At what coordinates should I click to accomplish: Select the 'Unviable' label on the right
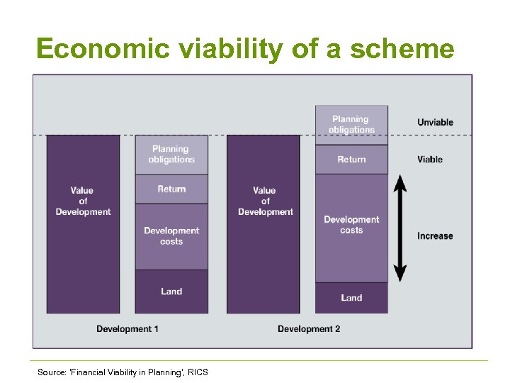click(x=435, y=122)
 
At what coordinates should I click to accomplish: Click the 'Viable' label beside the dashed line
click(x=429, y=159)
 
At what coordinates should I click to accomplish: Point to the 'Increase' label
click(x=435, y=235)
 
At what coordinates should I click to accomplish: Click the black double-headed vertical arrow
click(x=400, y=228)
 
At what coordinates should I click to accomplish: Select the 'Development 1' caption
click(x=127, y=328)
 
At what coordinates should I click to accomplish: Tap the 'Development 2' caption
click(x=309, y=328)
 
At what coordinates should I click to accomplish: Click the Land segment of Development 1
click(x=171, y=292)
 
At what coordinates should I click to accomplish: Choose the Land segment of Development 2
click(x=351, y=298)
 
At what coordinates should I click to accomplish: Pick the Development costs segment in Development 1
click(x=171, y=236)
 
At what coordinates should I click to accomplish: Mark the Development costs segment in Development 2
click(x=351, y=225)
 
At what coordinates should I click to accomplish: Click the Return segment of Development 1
click(x=171, y=189)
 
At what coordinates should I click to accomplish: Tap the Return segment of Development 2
click(x=351, y=160)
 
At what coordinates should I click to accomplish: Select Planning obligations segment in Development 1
click(x=171, y=154)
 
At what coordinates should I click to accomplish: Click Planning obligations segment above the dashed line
click(x=351, y=124)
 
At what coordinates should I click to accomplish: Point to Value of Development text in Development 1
click(x=83, y=201)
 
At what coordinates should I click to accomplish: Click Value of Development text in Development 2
click(x=265, y=201)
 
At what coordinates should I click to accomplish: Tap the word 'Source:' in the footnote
click(x=52, y=372)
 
